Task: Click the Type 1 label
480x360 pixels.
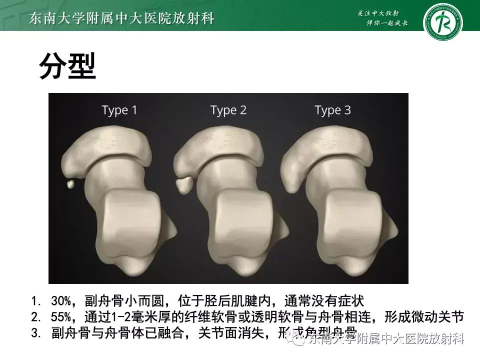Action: point(119,110)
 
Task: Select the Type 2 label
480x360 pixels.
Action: point(228,110)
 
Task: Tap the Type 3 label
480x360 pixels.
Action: point(333,110)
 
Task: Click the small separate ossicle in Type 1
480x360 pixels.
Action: point(71,184)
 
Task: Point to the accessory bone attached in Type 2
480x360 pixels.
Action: point(183,185)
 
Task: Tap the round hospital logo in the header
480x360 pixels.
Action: point(442,22)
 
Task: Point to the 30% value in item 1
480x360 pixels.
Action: point(60,301)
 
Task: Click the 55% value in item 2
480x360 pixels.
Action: point(60,317)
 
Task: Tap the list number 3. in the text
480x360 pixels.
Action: point(35,332)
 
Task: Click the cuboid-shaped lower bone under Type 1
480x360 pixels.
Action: point(132,220)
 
